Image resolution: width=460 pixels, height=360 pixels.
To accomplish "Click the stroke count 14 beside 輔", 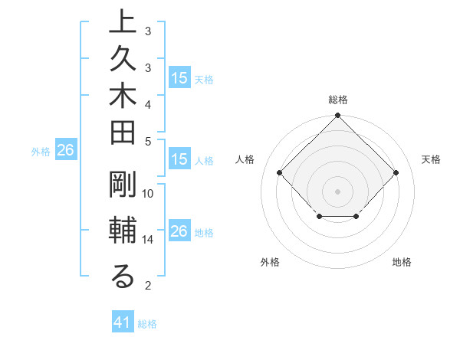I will coord(148,240).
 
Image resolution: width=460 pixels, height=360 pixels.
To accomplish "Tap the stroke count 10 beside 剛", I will coord(148,194).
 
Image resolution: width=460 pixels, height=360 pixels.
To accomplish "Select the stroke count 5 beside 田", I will coord(148,141).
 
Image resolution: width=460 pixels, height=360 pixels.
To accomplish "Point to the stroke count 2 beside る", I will coord(148,286).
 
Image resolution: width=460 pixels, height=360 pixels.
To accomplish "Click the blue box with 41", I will coord(123,322).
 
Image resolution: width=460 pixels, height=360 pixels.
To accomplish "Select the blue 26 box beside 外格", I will coord(65,151).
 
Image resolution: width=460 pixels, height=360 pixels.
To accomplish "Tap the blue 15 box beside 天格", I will coord(179,78).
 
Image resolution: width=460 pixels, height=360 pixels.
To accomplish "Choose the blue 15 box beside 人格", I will coord(179,160).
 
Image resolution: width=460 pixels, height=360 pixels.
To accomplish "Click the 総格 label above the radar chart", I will coord(338,100).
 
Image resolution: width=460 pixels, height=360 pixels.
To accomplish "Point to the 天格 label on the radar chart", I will coord(432,159).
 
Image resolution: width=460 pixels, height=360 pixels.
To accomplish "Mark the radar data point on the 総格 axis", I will coord(337,116).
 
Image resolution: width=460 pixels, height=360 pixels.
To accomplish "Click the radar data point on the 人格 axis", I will coord(280,173).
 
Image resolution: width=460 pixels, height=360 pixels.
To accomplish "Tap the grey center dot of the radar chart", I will coord(337,191).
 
